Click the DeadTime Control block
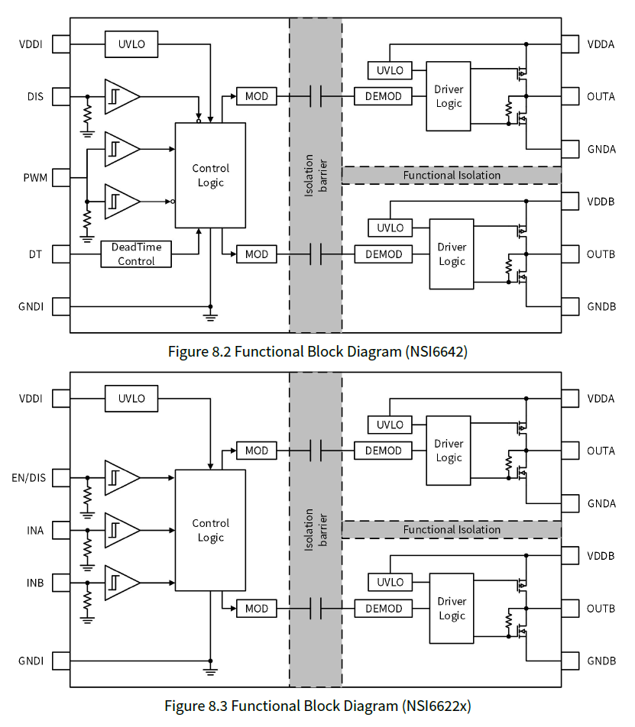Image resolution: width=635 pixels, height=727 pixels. click(136, 254)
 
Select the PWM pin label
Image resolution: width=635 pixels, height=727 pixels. click(34, 178)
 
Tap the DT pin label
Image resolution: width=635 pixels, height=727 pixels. click(36, 254)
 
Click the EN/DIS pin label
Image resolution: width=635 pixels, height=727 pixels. click(29, 479)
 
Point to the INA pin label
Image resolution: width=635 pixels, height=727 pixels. click(34, 531)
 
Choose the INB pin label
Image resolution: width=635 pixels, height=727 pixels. click(34, 583)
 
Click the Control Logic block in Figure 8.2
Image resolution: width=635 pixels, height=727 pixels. click(210, 175)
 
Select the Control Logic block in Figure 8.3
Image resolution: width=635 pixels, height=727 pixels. click(210, 530)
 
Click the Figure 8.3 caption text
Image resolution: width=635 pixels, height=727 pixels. click(318, 706)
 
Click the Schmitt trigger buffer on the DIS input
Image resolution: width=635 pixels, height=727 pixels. click(121, 97)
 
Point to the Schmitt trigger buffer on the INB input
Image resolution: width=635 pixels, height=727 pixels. click(121, 583)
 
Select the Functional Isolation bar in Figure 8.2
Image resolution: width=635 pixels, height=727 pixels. click(452, 175)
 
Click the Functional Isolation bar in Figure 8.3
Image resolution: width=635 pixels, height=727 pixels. click(452, 529)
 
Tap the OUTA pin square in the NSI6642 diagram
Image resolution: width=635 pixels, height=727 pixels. click(572, 97)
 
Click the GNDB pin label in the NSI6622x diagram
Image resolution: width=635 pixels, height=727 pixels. click(601, 661)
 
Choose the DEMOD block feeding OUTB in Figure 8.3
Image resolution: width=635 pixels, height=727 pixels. click(384, 609)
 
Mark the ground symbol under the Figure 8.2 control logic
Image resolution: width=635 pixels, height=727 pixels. click(210, 315)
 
